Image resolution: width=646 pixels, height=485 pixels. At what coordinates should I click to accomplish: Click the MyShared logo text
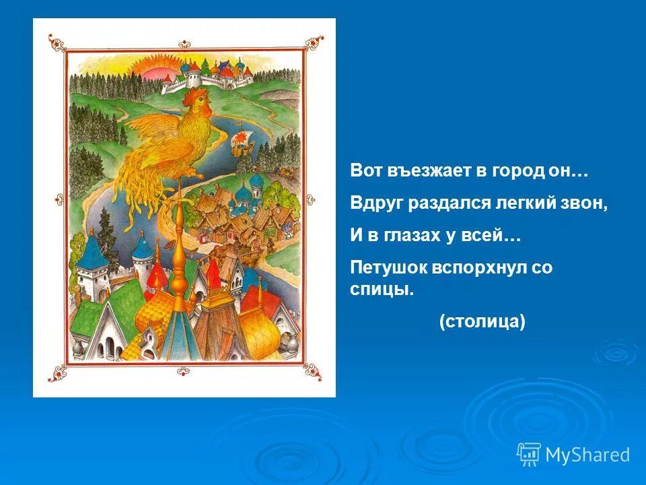point(587,455)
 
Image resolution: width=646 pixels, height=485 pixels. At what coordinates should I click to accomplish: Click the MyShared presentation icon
point(529,455)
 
